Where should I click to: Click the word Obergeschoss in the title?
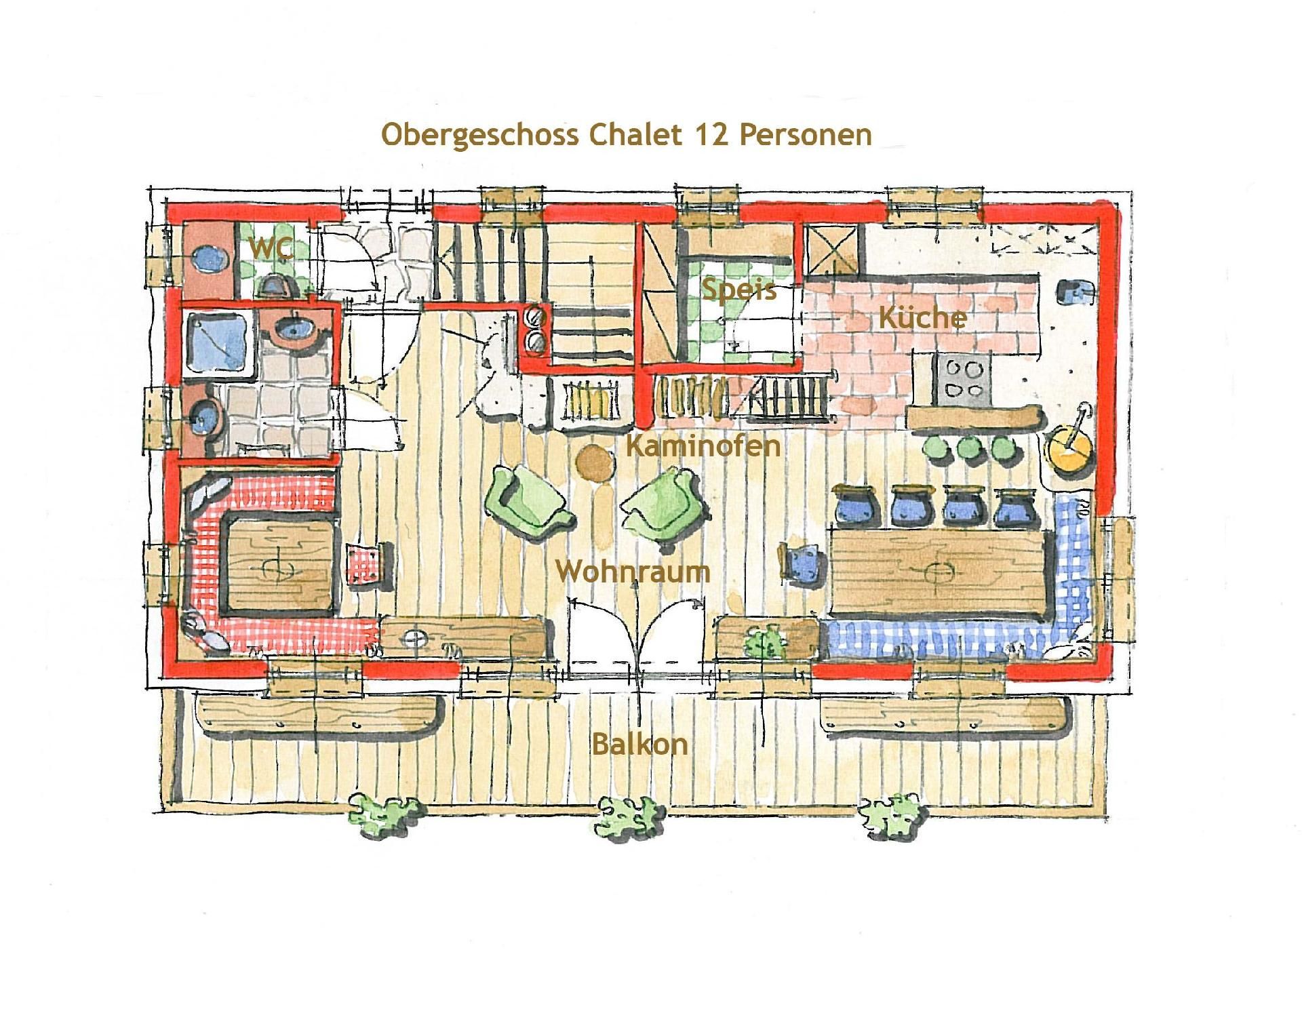tap(479, 134)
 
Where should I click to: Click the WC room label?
tap(270, 248)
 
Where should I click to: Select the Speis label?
tap(738, 290)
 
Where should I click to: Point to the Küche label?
tap(922, 317)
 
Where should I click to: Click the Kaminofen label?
tap(703, 446)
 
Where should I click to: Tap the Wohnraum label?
tap(633, 571)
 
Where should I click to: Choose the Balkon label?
tap(639, 744)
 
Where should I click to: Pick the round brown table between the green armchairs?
tap(595, 462)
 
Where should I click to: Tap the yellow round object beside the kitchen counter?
tap(1069, 448)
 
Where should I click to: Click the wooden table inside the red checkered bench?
tap(279, 562)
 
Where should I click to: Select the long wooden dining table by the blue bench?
tap(940, 573)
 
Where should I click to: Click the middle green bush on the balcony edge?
tap(628, 816)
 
